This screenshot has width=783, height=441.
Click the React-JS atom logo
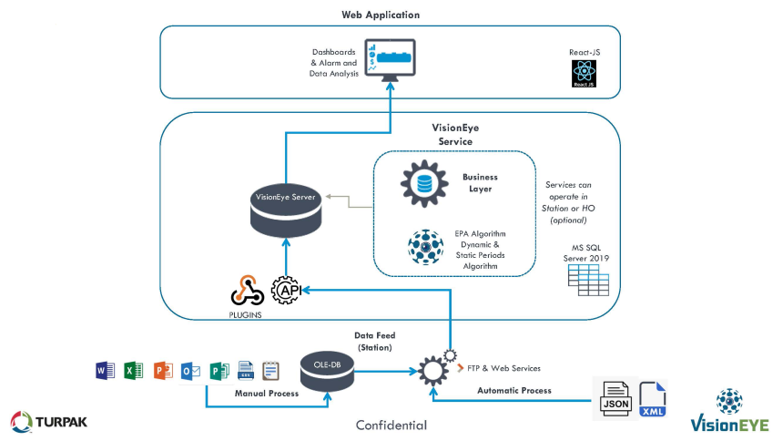584,74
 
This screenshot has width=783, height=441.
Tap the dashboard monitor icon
390,60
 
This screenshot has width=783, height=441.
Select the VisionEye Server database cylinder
286,210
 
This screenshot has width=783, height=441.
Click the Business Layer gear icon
424,183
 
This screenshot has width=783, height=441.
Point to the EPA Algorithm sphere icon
425,247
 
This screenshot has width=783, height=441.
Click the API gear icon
287,290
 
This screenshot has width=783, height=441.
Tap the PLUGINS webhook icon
247,290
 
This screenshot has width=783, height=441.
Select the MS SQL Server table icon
588,280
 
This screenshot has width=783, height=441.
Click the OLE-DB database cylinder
327,372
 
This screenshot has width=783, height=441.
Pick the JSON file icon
615,398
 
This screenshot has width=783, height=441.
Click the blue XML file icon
652,399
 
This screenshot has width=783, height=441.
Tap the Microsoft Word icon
105,371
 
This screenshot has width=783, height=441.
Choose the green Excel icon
133,371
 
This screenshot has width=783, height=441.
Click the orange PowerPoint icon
163,371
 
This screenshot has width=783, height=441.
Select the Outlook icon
191,371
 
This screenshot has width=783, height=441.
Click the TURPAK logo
48,422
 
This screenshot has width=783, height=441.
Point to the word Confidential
391,425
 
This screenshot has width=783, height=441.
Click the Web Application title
381,15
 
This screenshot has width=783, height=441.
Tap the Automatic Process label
514,391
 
